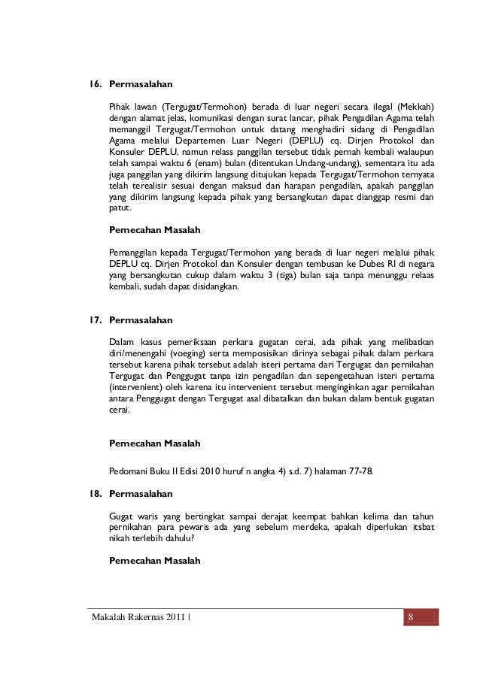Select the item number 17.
(x=96, y=319)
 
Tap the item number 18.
(x=96, y=494)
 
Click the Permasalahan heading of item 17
(x=141, y=319)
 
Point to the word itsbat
(x=421, y=527)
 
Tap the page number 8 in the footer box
(x=412, y=619)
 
